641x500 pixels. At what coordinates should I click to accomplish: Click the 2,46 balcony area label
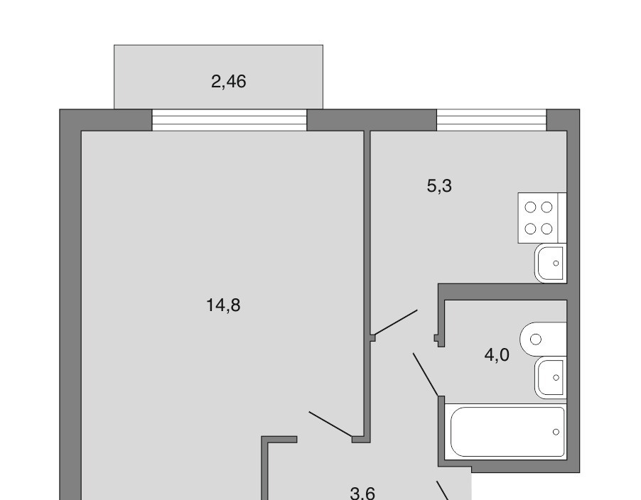(229, 82)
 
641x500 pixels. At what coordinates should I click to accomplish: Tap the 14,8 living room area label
(223, 305)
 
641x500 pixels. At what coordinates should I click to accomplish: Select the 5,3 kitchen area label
(439, 186)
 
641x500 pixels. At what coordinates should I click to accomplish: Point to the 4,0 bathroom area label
(497, 355)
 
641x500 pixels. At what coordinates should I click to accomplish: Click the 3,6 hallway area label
(362, 493)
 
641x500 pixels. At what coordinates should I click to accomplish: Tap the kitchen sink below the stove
(550, 263)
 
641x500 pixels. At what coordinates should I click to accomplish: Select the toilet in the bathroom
(544, 339)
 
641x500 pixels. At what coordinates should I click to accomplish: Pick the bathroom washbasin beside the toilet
(550, 377)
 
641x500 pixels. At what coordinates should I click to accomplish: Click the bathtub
(506, 432)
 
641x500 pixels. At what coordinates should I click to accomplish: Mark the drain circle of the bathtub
(556, 432)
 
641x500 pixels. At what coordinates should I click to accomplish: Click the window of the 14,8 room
(230, 120)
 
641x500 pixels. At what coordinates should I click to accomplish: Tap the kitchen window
(492, 120)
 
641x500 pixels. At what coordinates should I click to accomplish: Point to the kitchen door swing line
(395, 323)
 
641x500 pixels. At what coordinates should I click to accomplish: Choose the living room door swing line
(330, 425)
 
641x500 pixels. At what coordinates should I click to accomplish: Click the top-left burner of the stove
(530, 207)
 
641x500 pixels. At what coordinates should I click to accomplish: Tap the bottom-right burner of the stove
(546, 229)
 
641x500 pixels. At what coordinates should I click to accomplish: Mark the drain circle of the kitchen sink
(556, 263)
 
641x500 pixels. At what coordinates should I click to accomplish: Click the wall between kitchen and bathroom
(502, 292)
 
